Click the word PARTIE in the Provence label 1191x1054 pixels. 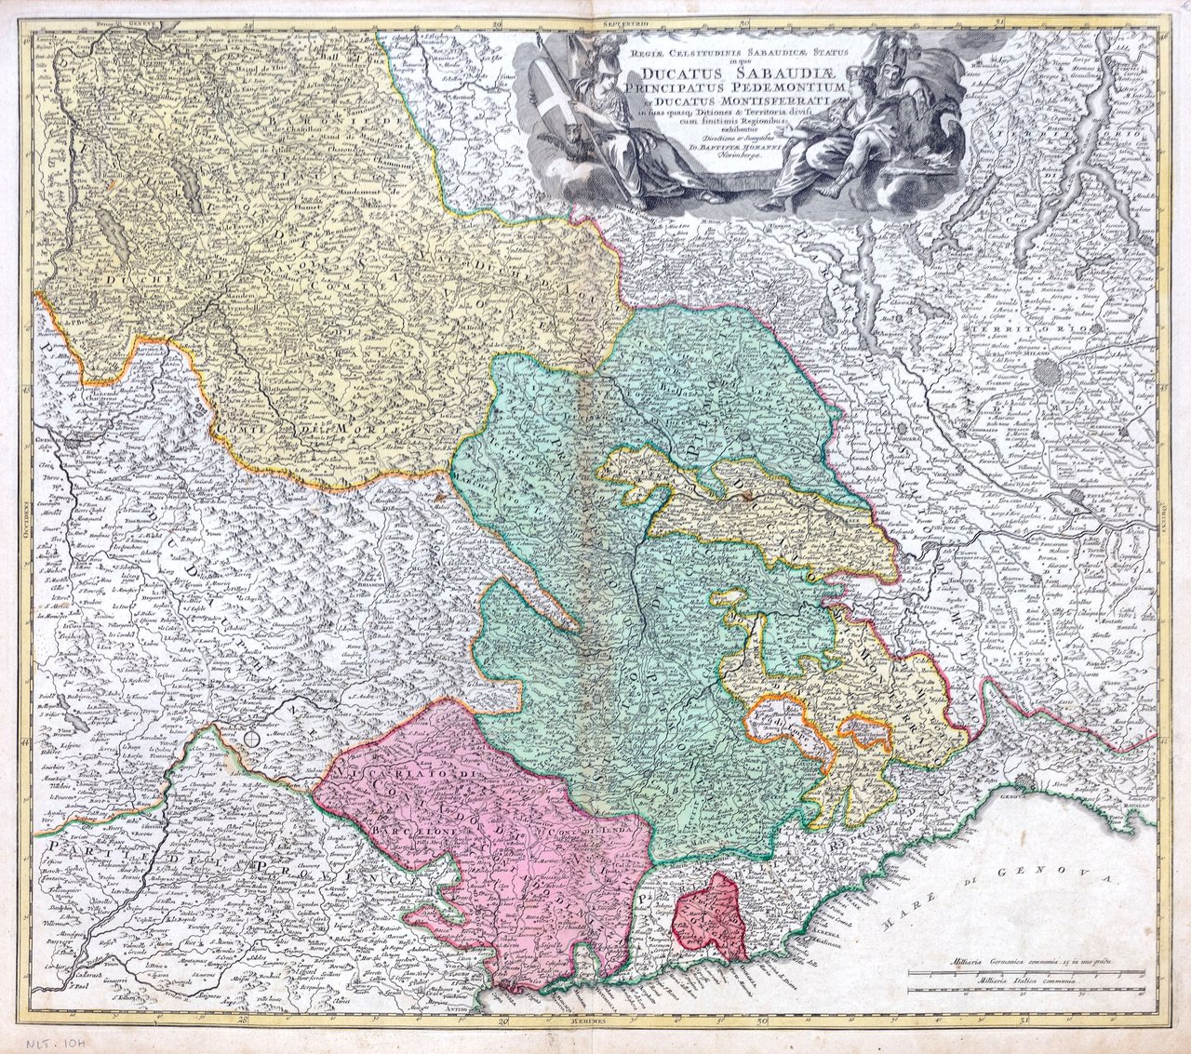point(73,846)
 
